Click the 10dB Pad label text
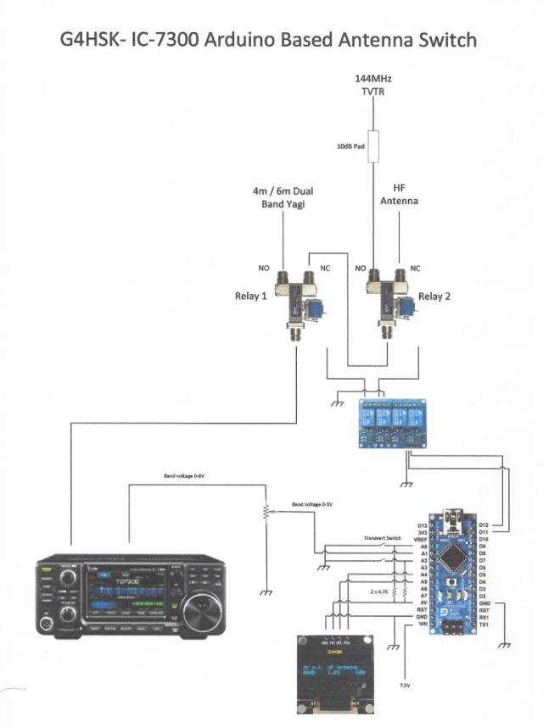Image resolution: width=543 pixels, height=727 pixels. pyautogui.click(x=351, y=146)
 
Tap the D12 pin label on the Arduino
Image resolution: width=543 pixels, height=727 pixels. pyautogui.click(x=484, y=524)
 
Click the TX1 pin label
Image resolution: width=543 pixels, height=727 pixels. pyautogui.click(x=484, y=624)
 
